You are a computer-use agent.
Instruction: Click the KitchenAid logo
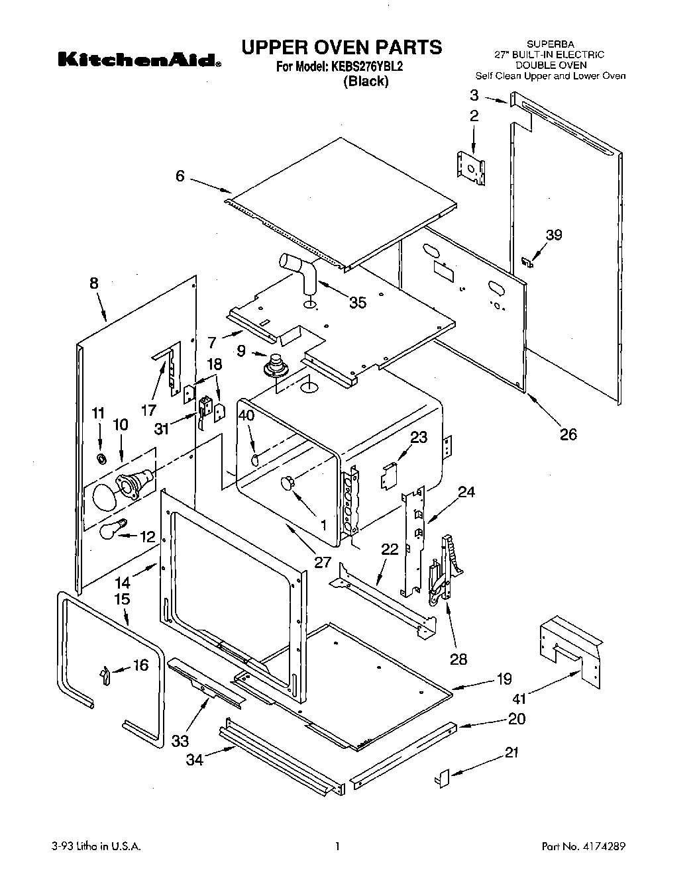[x=140, y=60]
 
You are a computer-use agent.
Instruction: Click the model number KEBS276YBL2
[x=366, y=67]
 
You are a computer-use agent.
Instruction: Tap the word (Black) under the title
[x=365, y=81]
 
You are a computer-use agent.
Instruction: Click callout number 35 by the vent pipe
[x=358, y=303]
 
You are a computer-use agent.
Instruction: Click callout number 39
[x=554, y=234]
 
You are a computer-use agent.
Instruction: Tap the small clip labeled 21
[x=442, y=777]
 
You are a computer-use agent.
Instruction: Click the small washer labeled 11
[x=101, y=459]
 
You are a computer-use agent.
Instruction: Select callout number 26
[x=568, y=434]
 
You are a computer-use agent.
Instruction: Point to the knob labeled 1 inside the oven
[x=288, y=483]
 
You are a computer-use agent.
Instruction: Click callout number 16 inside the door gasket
[x=140, y=664]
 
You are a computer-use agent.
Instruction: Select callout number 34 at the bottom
[x=194, y=759]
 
